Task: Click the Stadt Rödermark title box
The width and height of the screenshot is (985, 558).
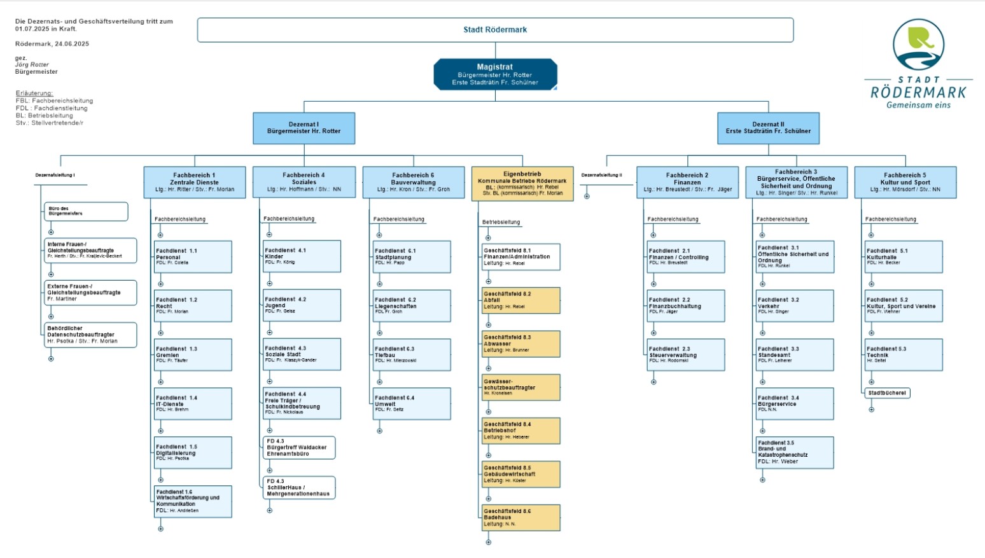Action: pyautogui.click(x=495, y=30)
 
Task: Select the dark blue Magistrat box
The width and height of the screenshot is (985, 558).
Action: pyautogui.click(x=495, y=74)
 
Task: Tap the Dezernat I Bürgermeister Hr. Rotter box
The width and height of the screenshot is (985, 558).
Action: pyautogui.click(x=304, y=128)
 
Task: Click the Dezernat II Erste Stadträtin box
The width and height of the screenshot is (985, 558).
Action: pyautogui.click(x=768, y=128)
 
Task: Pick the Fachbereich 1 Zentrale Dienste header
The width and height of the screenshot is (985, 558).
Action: pyautogui.click(x=194, y=182)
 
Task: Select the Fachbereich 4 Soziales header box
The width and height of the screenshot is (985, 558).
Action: pyautogui.click(x=304, y=182)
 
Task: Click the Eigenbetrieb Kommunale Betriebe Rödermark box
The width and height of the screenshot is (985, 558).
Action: pyautogui.click(x=522, y=183)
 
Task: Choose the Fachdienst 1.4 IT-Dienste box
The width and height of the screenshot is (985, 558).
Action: pyautogui.click(x=193, y=403)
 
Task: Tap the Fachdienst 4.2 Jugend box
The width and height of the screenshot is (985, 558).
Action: pyautogui.click(x=302, y=305)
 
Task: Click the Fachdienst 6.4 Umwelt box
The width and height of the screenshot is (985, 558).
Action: pyautogui.click(x=412, y=403)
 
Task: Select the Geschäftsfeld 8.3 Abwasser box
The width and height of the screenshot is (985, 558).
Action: pyautogui.click(x=521, y=344)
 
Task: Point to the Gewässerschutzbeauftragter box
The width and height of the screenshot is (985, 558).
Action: pyautogui.click(x=521, y=387)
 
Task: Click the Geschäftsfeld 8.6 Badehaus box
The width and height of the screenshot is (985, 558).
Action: pyautogui.click(x=521, y=517)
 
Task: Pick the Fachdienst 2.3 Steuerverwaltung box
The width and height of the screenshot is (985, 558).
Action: pyautogui.click(x=686, y=354)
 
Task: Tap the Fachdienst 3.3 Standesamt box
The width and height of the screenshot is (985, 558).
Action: pyautogui.click(x=795, y=354)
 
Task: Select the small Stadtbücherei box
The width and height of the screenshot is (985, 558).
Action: pyautogui.click(x=887, y=393)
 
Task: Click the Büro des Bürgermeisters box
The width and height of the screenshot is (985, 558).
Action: pyautogui.click(x=86, y=211)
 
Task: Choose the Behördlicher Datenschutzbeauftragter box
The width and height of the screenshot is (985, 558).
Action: pyautogui.click(x=90, y=335)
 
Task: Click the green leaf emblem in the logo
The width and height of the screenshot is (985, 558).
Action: pyautogui.click(x=920, y=39)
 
